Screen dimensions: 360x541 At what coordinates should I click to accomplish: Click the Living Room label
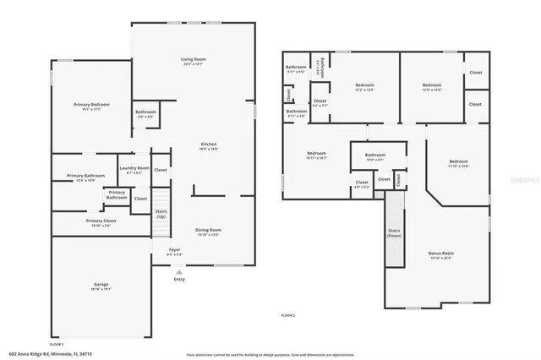coord(194,60)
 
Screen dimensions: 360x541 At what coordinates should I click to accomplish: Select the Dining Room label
coord(209,231)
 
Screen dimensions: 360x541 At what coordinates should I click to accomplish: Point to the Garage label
coord(101,286)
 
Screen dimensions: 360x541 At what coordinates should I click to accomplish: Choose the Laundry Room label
coord(134,169)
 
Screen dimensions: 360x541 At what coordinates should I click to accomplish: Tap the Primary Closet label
coord(101,222)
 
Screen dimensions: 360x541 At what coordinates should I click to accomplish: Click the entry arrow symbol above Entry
coord(178,272)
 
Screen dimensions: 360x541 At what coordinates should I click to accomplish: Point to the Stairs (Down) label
coord(394,232)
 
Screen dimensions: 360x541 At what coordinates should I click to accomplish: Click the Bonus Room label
coord(442,254)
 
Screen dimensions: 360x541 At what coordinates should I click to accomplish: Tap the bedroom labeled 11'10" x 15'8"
coord(458,163)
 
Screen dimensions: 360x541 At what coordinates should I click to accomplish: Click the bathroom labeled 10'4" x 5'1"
coord(375,157)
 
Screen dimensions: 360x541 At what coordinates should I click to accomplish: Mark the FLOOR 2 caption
coord(288,314)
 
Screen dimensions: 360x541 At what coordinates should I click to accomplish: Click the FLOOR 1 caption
coord(57,345)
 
